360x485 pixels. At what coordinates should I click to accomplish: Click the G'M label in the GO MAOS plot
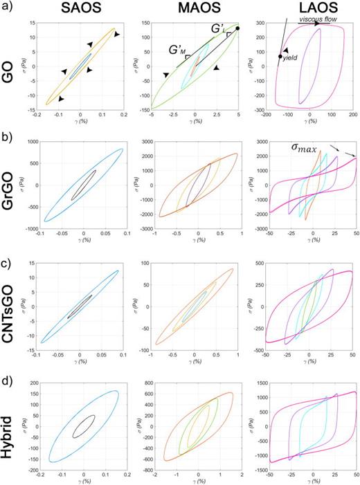pos(176,51)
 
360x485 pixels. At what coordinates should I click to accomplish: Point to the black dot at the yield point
pos(280,57)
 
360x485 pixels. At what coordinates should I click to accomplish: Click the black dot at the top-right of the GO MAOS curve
pos(237,28)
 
